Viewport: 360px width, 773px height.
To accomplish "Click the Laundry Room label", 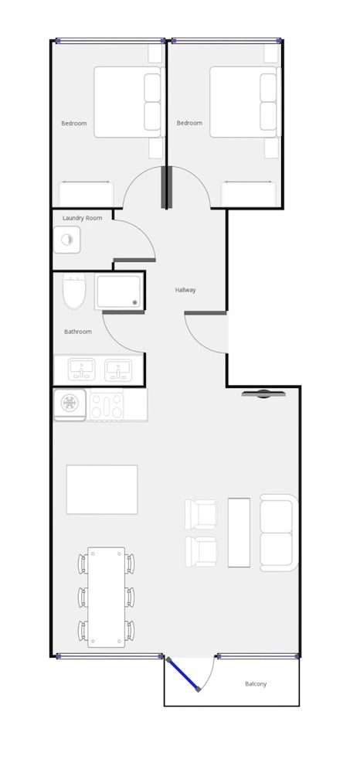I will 82,218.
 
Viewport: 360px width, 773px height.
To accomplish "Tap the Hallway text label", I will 185,290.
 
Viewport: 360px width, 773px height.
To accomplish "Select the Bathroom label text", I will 77,332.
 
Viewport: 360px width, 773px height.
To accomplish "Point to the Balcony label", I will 256,684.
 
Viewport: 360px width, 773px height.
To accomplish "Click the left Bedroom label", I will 74,123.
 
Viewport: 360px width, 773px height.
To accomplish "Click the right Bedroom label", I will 189,123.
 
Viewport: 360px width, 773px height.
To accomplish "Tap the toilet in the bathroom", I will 74,291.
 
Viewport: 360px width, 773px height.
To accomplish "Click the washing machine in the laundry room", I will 67,240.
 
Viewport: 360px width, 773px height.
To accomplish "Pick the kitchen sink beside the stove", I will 70,404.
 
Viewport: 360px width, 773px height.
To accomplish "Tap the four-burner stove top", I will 107,405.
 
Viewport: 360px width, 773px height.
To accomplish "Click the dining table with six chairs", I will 106,597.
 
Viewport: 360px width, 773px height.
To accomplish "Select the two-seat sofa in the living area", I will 278,533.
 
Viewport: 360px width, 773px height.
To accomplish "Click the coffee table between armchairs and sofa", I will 239,533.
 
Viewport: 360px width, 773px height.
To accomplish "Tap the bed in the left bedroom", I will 128,102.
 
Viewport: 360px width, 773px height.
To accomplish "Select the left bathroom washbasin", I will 80,370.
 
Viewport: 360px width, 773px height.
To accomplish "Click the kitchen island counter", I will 102,489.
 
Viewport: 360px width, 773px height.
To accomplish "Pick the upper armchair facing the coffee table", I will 201,513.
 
